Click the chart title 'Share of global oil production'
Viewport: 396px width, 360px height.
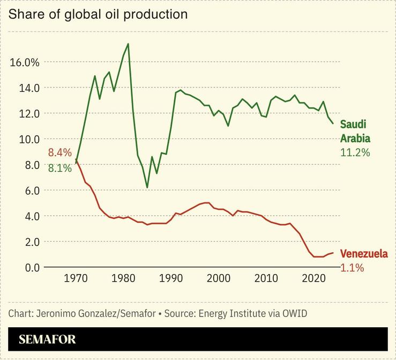98,14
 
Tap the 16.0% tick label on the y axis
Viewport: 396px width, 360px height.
25,62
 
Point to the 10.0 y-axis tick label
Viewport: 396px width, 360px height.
29,139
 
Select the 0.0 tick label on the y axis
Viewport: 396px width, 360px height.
31,267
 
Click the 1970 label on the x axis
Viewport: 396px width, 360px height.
76,279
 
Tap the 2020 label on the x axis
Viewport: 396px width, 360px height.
313,279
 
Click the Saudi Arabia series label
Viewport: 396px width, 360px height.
355,131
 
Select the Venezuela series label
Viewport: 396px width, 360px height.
364,254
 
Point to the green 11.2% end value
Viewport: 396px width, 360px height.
355,152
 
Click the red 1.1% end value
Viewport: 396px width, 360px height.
352,267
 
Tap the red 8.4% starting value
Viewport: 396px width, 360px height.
59,152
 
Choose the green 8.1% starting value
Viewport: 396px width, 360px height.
59,168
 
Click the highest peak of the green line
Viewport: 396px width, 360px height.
128,44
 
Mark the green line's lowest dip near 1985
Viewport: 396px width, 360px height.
147,187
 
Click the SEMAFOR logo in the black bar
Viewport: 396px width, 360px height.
47,339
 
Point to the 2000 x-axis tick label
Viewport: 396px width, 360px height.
219,279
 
